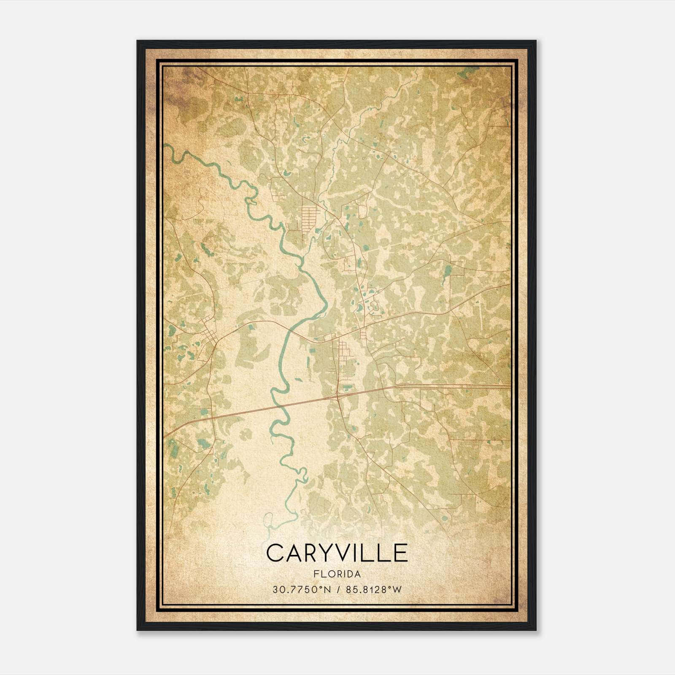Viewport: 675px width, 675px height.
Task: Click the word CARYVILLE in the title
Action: tap(337, 553)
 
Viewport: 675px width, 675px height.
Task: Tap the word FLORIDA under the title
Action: tap(337, 574)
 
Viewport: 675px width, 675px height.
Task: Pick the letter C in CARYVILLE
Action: tap(275, 553)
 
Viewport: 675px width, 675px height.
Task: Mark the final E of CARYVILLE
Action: tap(401, 553)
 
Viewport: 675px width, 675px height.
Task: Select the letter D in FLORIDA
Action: tap(348, 574)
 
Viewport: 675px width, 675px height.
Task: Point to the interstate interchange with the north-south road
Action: tap(339, 396)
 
